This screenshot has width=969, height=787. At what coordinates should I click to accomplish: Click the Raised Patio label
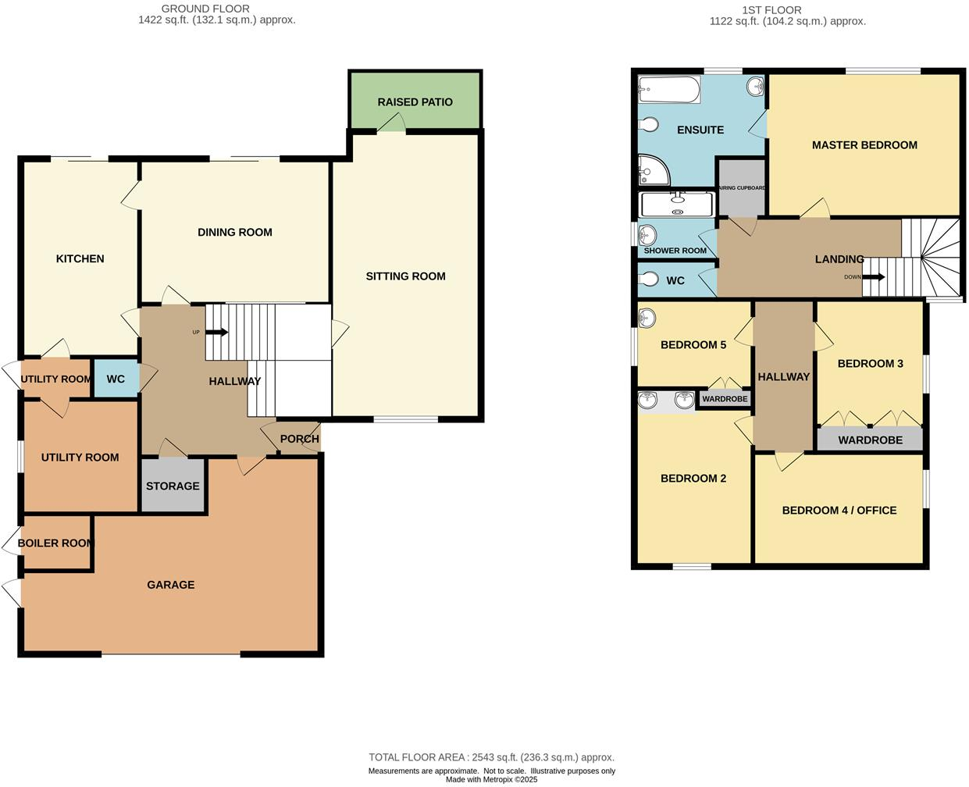415,102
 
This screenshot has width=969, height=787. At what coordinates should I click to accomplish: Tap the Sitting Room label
405,276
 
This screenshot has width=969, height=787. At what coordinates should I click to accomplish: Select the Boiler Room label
55,543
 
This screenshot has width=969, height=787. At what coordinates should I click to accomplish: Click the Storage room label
173,486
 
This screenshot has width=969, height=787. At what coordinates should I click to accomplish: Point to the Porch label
299,439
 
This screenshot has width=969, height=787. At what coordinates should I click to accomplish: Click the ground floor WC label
116,379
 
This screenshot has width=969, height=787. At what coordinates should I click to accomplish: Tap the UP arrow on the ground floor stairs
217,332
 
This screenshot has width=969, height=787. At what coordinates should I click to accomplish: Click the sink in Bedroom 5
647,318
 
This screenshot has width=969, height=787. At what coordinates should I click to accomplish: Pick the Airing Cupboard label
741,188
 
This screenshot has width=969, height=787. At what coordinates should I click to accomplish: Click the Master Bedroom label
864,145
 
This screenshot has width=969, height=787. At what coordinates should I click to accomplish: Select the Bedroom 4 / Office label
839,511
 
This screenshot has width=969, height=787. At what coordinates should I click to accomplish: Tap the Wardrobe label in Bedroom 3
870,440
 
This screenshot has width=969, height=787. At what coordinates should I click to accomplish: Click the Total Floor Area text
491,757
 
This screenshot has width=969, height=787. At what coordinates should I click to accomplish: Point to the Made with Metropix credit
491,779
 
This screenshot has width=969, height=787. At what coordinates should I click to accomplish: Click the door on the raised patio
391,123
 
